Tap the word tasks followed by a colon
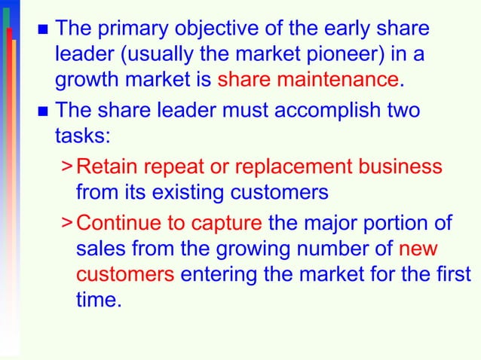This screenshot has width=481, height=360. pyautogui.click(x=78, y=136)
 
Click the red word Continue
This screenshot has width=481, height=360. pyautogui.click(x=120, y=224)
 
